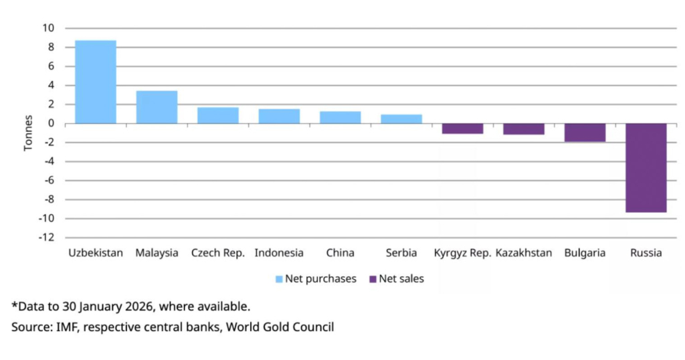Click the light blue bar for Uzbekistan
click(95, 82)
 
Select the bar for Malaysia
click(157, 107)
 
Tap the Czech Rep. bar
click(217, 115)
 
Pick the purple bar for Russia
click(646, 167)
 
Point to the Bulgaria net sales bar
click(585, 132)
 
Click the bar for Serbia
click(401, 119)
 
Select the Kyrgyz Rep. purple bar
click(462, 128)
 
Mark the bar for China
click(340, 117)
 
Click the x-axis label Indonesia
click(279, 253)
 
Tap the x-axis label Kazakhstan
click(524, 253)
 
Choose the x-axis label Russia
click(646, 253)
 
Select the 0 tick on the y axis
click(52, 123)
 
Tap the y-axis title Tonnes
click(28, 132)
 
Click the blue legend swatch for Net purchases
click(278, 279)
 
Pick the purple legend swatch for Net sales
click(373, 279)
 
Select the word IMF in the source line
click(59, 327)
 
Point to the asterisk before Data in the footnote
click(14, 306)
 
